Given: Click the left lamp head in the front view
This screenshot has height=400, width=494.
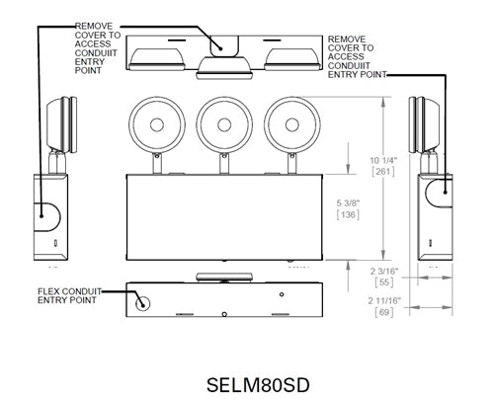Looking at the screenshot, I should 156,123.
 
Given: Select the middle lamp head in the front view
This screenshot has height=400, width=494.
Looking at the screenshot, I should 223,123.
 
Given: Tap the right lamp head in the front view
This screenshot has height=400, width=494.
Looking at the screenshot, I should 290,123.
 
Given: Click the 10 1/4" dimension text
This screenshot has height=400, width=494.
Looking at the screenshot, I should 384,160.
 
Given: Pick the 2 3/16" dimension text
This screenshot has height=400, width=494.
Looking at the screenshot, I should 384,270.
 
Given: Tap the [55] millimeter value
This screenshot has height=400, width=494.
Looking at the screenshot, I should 384,282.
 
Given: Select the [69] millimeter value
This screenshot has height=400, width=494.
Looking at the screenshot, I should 384,312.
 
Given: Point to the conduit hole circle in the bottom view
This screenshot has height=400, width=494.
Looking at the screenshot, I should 144,304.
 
